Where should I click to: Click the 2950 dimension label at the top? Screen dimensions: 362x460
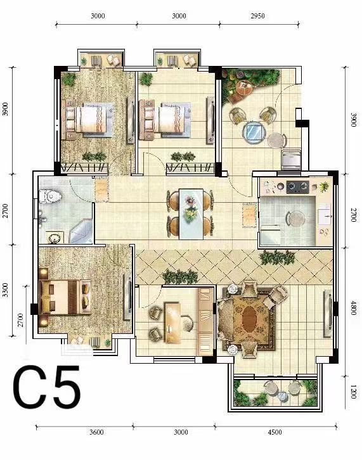tap(257, 16)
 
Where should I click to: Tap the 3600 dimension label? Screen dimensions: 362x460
tap(96, 432)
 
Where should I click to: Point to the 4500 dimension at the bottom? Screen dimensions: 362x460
tap(275, 432)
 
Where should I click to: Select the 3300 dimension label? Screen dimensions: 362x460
tap(5, 290)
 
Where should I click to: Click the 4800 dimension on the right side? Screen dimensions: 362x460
tap(353, 308)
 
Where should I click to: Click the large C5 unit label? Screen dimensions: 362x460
tap(46, 387)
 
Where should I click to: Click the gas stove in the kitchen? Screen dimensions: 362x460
tap(298, 187)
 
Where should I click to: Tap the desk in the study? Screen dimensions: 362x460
tap(172, 323)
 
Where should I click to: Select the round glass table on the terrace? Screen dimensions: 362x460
tap(254, 132)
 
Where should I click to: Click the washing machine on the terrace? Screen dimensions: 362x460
tap(291, 160)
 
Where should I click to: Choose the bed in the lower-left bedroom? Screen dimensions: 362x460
tap(65, 297)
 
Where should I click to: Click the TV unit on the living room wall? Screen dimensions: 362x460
tap(329, 313)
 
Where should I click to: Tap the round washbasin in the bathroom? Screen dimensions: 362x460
tap(55, 238)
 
